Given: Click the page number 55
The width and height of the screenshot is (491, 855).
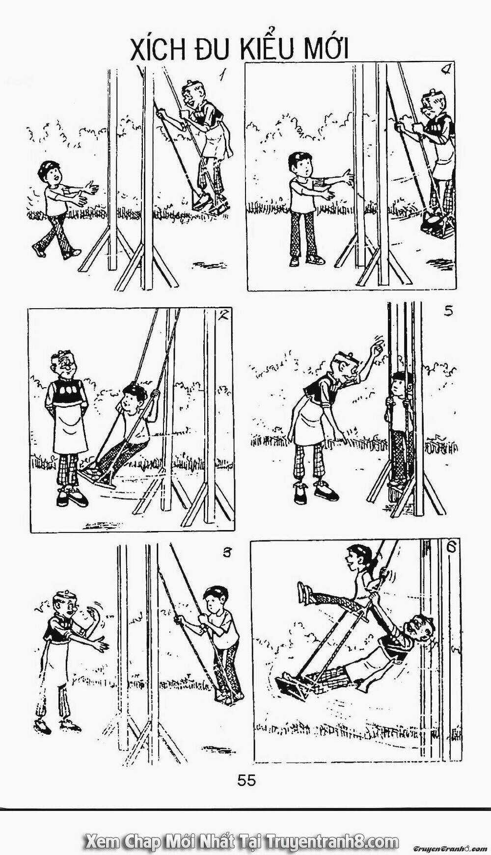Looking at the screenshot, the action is [246, 780].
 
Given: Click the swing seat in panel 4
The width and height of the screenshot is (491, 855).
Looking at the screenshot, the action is [437, 226].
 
